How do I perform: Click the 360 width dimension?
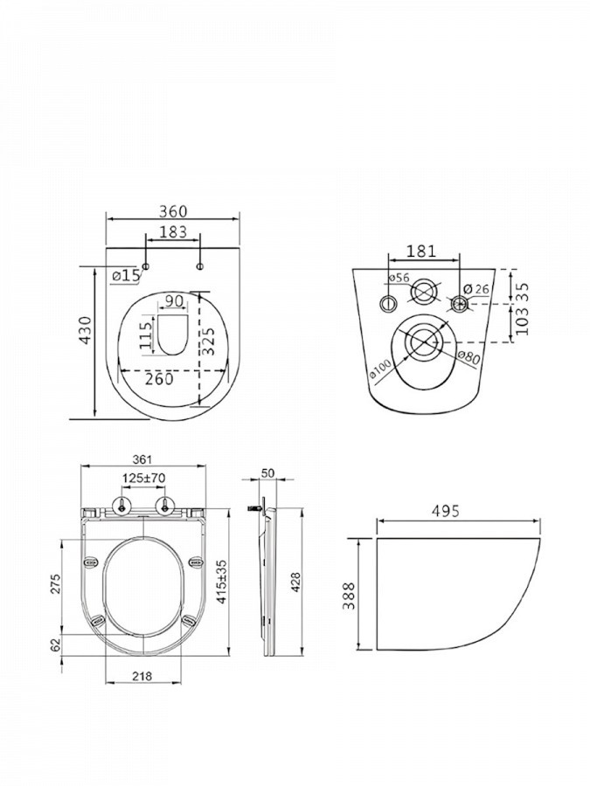173,211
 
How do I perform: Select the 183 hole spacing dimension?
172,232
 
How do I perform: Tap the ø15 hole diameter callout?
125,276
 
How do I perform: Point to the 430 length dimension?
87,330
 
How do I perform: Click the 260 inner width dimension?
159,379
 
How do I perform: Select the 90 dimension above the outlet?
173,301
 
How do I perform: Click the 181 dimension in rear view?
421,252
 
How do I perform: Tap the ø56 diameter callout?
399,279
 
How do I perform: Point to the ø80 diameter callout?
469,357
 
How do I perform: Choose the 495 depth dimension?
446,511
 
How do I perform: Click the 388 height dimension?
349,596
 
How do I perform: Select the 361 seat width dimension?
142,459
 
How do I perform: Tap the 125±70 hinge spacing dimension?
143,479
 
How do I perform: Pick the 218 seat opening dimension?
142,676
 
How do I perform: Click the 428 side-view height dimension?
296,583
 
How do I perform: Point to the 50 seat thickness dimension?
268,473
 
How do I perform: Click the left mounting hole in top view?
146,266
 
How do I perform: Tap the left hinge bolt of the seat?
121,506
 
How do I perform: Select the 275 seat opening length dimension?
56,584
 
